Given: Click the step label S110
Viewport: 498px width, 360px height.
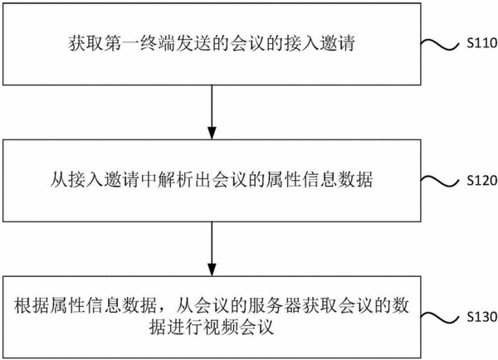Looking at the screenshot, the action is tap(482, 43).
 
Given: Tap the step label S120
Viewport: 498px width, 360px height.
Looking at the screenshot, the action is tap(482, 180).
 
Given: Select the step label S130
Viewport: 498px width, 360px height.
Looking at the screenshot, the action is tap(482, 317).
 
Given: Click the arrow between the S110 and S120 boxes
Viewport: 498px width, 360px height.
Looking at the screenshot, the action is tap(212, 112).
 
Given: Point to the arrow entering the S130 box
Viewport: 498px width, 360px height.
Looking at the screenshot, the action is tap(212, 249).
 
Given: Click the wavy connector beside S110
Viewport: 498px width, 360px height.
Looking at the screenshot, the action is tap(440, 45).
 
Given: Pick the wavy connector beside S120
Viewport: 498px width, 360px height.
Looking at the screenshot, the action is tap(440, 182).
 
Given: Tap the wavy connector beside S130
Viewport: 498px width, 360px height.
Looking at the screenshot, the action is tap(440, 318).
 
